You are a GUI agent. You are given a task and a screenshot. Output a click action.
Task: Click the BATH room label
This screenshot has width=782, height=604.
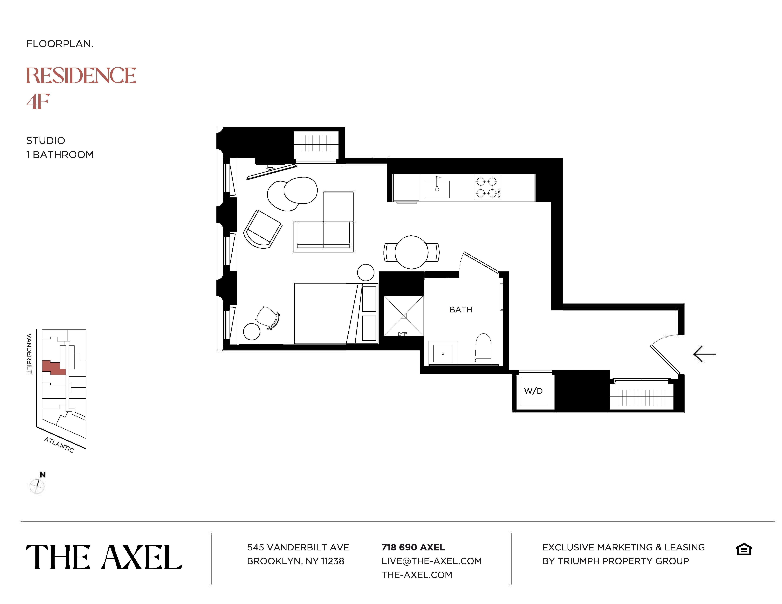click(461, 310)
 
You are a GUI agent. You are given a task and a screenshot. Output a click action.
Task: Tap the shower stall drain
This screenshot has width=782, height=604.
click(404, 316)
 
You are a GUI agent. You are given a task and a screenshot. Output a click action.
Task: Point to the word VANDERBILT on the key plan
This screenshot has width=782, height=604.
click(29, 354)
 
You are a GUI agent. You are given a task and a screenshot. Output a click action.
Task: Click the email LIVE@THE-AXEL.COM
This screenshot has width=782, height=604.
click(431, 561)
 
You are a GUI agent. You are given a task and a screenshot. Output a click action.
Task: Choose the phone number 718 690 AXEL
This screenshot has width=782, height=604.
click(413, 547)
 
